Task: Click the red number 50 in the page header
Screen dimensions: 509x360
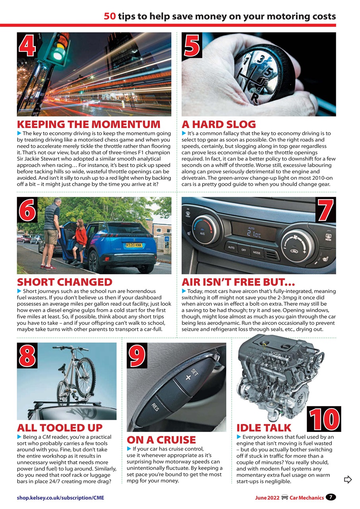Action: tap(110, 16)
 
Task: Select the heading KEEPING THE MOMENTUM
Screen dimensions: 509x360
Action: tap(89, 124)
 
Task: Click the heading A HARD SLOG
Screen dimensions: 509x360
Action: tap(219, 124)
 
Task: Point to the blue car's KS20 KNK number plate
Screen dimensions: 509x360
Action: tap(134, 245)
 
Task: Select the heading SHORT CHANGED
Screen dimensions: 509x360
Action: tap(65, 282)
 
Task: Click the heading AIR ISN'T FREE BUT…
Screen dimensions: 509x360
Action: tap(238, 282)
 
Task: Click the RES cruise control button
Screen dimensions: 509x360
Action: tap(155, 406)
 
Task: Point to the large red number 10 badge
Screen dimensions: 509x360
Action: tap(324, 419)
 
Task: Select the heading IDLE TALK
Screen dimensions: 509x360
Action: tap(264, 428)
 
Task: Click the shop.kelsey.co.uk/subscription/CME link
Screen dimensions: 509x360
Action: tap(60, 497)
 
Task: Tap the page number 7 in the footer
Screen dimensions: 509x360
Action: tap(331, 497)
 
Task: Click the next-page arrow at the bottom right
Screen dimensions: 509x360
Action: tap(348, 480)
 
